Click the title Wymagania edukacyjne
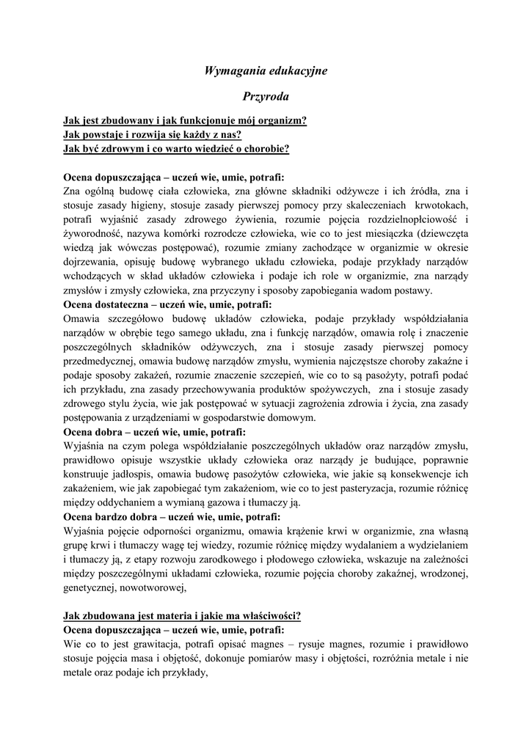(265, 70)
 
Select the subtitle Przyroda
(265, 96)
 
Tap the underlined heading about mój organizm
(185, 120)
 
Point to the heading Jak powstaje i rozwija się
(153, 134)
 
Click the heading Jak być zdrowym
(176, 148)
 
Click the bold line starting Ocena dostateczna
(167, 304)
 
